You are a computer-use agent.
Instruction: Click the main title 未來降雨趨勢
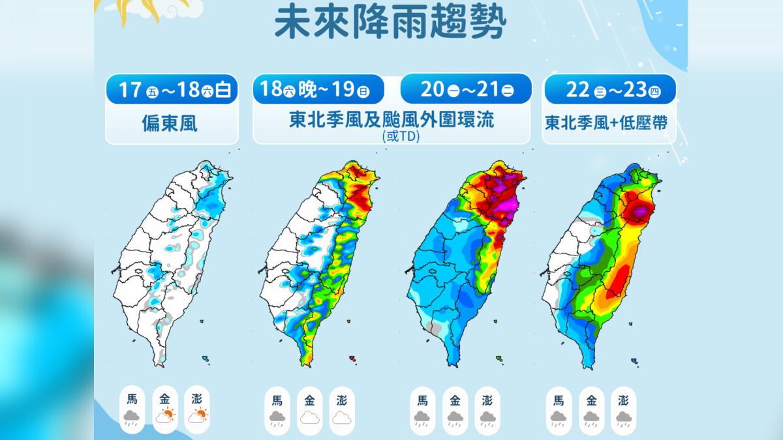[x=390, y=24]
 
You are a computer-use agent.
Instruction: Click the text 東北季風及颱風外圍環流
[x=391, y=121]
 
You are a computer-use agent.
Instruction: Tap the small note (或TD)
[x=391, y=137]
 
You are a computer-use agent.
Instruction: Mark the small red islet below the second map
[x=352, y=358]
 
